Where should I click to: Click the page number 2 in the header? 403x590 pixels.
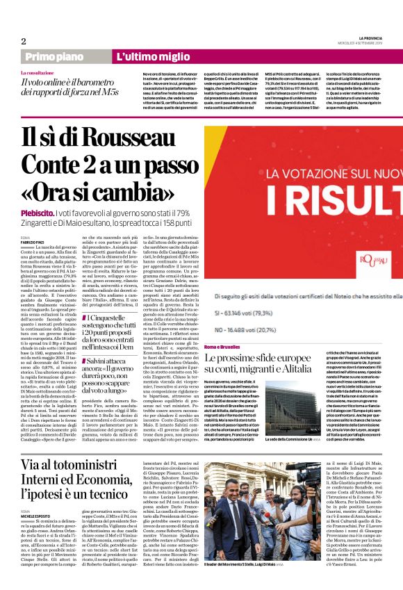[23, 41]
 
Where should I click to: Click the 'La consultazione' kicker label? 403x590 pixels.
[37, 72]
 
